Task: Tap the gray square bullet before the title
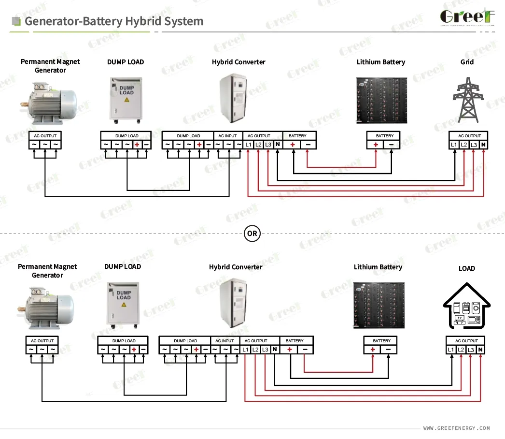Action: [16, 21]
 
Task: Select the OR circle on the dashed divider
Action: [252, 234]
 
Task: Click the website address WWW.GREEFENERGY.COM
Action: [456, 428]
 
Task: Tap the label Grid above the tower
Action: [467, 62]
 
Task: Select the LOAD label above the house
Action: [466, 268]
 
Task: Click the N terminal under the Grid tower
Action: [483, 145]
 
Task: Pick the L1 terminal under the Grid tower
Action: [453, 145]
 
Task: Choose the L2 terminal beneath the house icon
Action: [461, 350]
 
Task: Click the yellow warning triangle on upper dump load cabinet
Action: [127, 99]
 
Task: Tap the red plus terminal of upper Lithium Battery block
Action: [376, 145]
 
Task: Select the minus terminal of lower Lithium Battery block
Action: [389, 350]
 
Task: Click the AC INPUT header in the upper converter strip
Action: [228, 136]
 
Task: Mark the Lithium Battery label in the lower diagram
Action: [378, 267]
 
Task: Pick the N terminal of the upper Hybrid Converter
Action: [278, 145]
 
